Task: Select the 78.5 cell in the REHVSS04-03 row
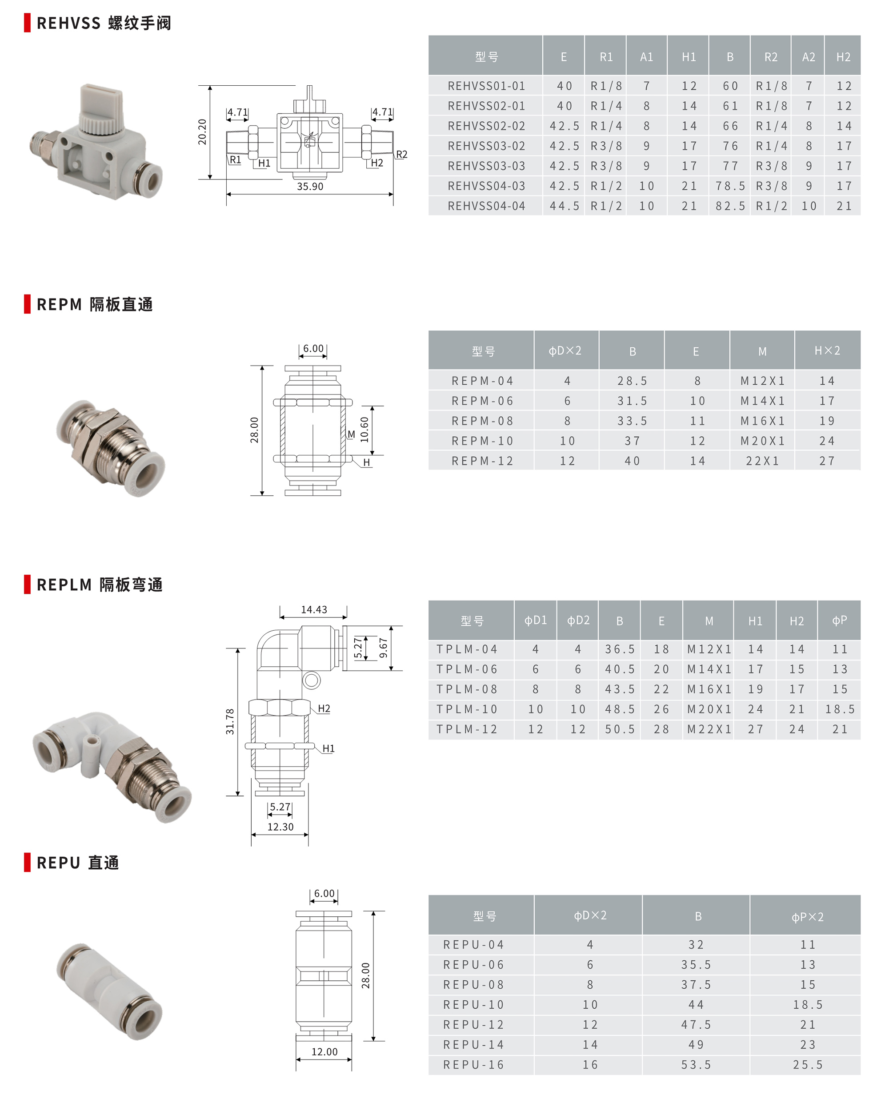[730, 186]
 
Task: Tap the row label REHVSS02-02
[486, 126]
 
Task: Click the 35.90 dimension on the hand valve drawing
[310, 186]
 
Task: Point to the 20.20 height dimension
[202, 132]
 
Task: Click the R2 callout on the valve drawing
[401, 155]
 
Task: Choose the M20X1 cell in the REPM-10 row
[762, 441]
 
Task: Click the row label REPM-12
[482, 461]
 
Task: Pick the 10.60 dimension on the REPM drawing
[364, 430]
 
